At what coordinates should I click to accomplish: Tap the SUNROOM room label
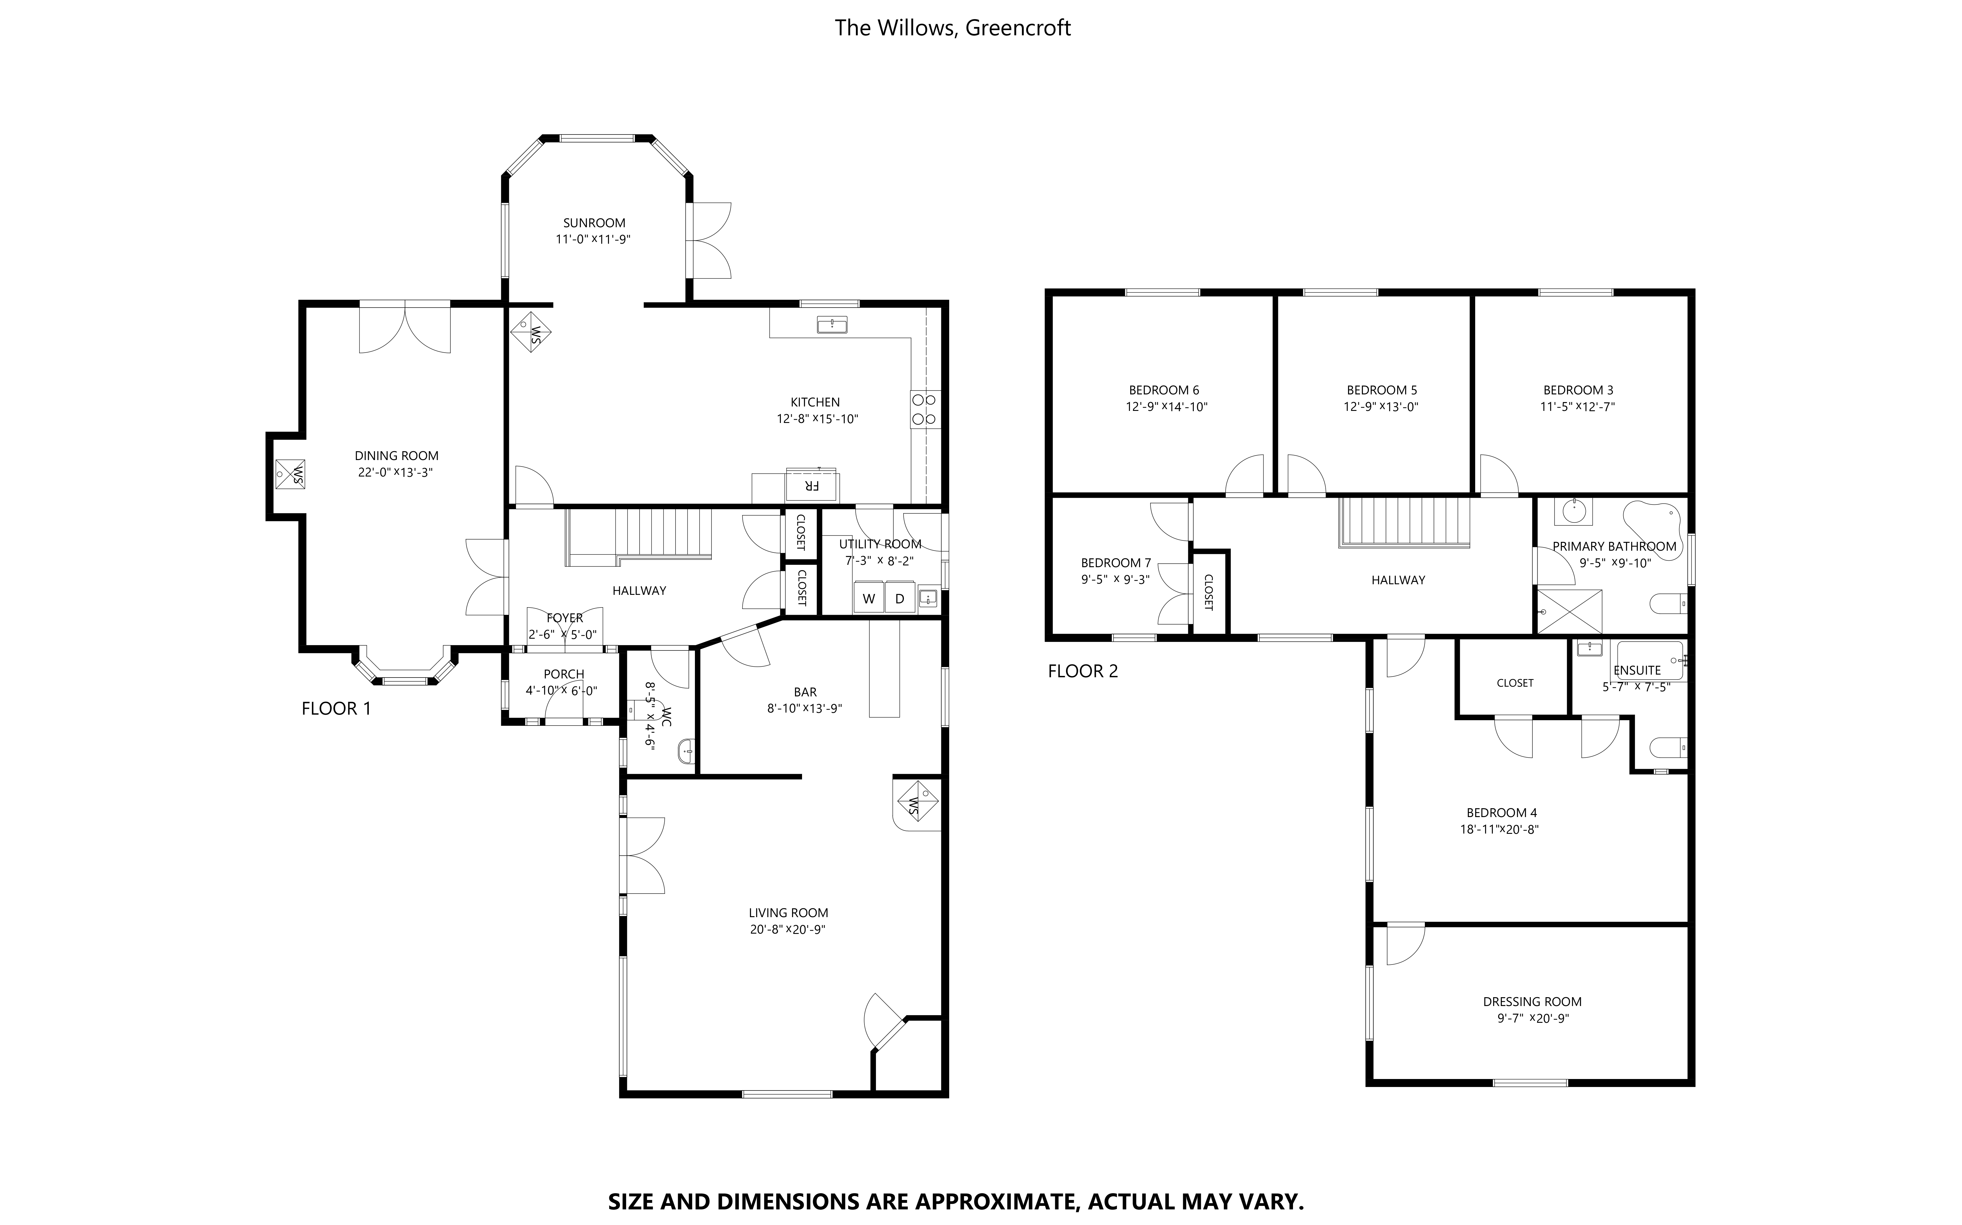pos(594,223)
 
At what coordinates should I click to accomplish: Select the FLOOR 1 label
pos(336,709)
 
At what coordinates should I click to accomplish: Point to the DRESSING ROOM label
pos(1532,1001)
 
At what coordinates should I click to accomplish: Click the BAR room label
pos(805,692)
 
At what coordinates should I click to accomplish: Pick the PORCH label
pos(564,674)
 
